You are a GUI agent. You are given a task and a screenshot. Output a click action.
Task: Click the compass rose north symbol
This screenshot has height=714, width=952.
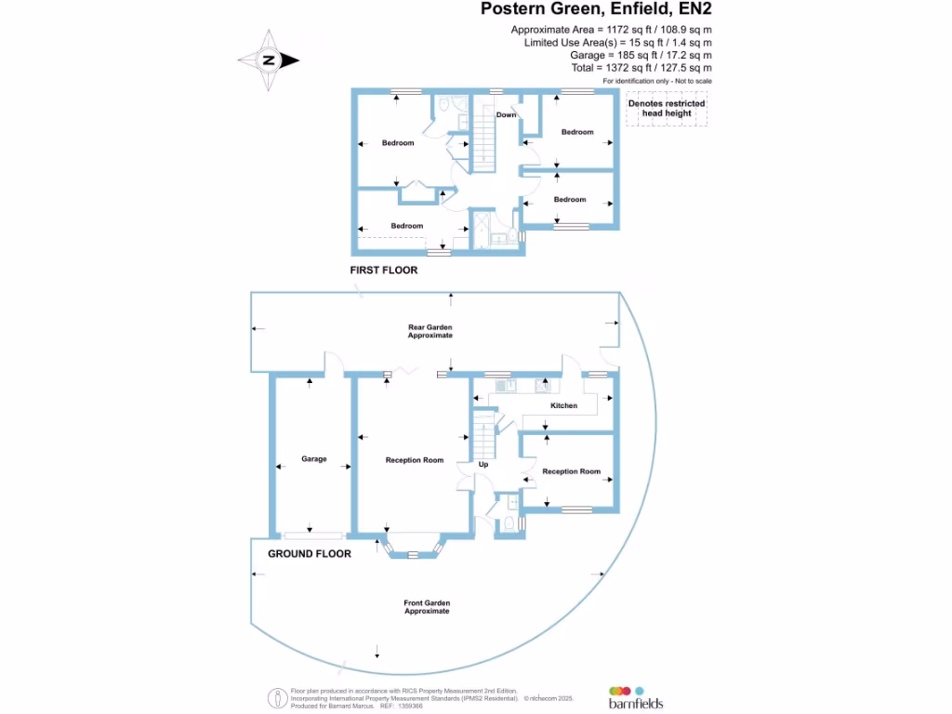point(269,60)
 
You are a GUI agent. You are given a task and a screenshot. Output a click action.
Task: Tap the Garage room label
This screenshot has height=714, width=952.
point(313,458)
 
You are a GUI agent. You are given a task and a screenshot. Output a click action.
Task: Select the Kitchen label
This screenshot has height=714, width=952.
point(563,405)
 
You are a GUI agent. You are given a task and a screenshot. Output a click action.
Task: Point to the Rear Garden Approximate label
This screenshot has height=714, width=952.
point(430,331)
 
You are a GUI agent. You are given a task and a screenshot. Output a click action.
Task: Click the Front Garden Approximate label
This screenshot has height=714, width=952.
point(427,607)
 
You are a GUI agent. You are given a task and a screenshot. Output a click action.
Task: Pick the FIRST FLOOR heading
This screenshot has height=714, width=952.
point(383,271)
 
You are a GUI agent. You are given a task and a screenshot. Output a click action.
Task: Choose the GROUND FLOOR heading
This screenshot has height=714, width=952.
point(310,553)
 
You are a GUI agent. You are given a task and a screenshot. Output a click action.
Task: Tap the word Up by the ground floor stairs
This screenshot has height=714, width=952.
point(483,464)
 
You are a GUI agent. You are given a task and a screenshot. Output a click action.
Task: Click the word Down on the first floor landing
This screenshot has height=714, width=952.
point(506,115)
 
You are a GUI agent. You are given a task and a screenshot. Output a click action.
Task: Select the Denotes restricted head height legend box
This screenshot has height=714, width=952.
point(666,109)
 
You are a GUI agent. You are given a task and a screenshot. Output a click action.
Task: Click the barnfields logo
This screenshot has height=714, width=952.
point(636,698)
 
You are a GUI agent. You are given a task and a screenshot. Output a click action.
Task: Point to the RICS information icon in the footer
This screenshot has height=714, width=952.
point(276,697)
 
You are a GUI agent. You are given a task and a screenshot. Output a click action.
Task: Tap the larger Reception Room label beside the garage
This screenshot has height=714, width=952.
point(415,460)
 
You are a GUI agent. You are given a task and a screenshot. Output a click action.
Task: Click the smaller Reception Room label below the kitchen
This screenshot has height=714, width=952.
point(571,471)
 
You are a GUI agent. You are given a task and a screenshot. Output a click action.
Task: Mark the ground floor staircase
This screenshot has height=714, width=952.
point(482,433)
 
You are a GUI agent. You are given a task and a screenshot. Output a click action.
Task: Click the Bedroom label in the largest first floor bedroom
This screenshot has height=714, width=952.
point(398,143)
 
